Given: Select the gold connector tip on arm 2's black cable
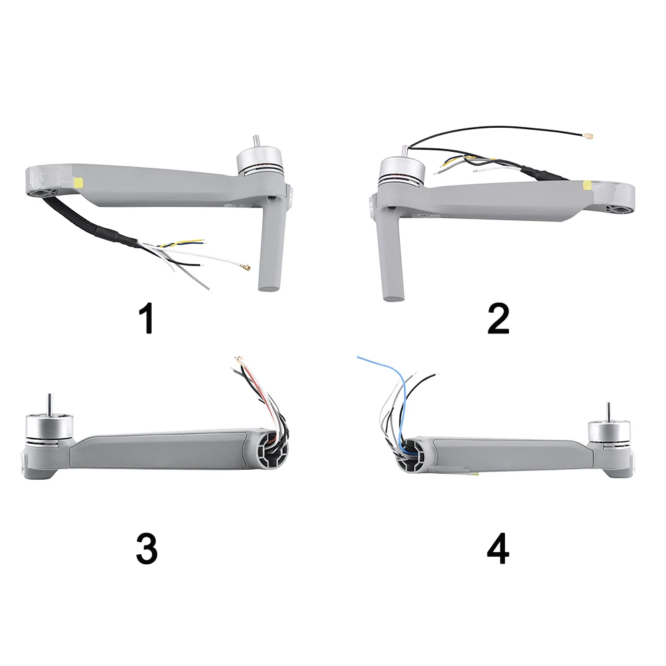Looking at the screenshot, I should coord(588,137).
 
